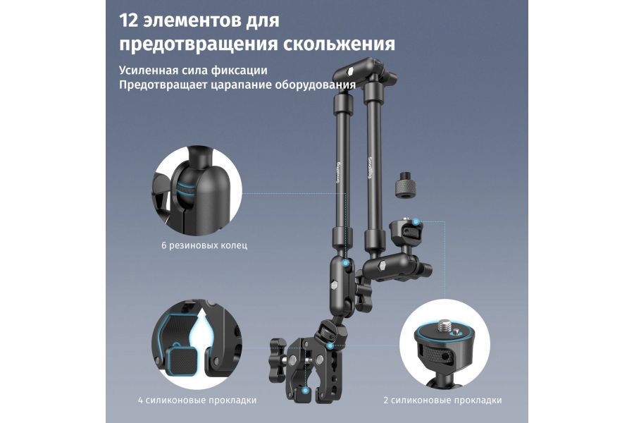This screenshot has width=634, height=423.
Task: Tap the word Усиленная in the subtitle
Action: point(147,71)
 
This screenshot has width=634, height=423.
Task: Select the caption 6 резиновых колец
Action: point(203,247)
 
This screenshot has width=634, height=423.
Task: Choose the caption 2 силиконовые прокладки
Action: point(442,400)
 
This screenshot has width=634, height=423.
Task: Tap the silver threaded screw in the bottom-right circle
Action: point(445,326)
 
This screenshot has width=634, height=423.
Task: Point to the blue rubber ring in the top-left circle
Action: point(185,190)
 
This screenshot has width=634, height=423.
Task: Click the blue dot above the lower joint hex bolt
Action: point(345,262)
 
